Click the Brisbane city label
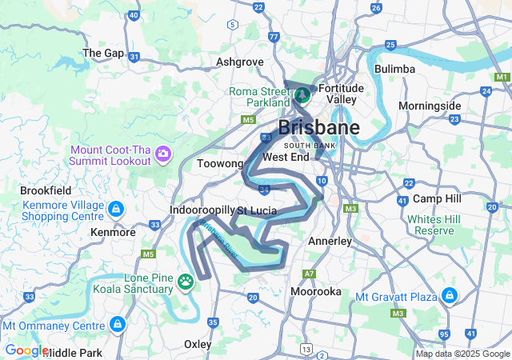pyautogui.click(x=318, y=128)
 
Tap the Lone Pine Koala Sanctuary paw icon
pyautogui.click(x=186, y=281)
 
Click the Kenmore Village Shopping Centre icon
pyautogui.click(x=117, y=210)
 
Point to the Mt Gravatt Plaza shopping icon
pyautogui.click(x=449, y=296)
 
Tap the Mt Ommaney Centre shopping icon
pyautogui.click(x=118, y=325)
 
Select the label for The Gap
pyautogui.click(x=103, y=53)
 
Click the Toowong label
pyautogui.click(x=220, y=163)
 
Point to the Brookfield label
pyautogui.click(x=46, y=191)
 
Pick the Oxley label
pyautogui.click(x=198, y=344)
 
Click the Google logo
pyautogui.click(x=26, y=350)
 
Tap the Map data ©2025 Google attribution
pyautogui.click(x=462, y=354)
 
